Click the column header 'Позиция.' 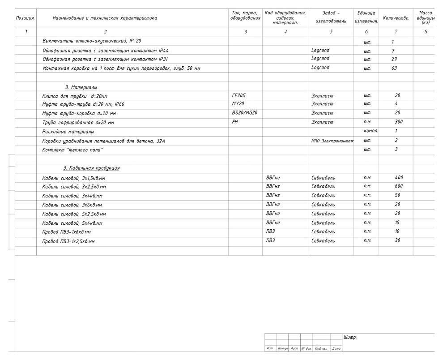point(26,18)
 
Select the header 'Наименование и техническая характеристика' point(105,18)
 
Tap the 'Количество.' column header point(396,18)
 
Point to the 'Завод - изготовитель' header point(331,17)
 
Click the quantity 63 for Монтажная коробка point(394,68)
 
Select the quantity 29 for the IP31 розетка point(394,59)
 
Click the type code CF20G point(239,95)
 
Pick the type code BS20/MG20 point(244,113)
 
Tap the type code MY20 point(238,104)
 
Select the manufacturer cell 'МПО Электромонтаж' point(332,141)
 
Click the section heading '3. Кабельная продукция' point(91,168)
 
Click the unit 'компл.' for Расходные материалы point(371,131)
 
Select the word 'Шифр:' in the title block point(350,338)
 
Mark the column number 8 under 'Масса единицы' point(426,32)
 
